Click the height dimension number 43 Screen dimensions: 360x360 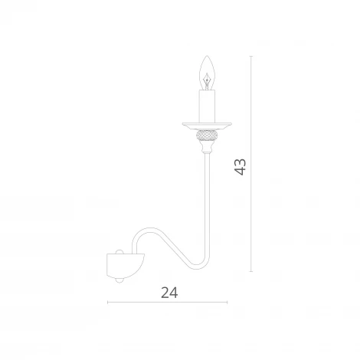[x=241, y=167]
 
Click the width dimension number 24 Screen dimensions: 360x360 [x=169, y=293]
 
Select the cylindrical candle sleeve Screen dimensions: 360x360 [x=207, y=106]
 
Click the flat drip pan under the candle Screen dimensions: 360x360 [x=207, y=126]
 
